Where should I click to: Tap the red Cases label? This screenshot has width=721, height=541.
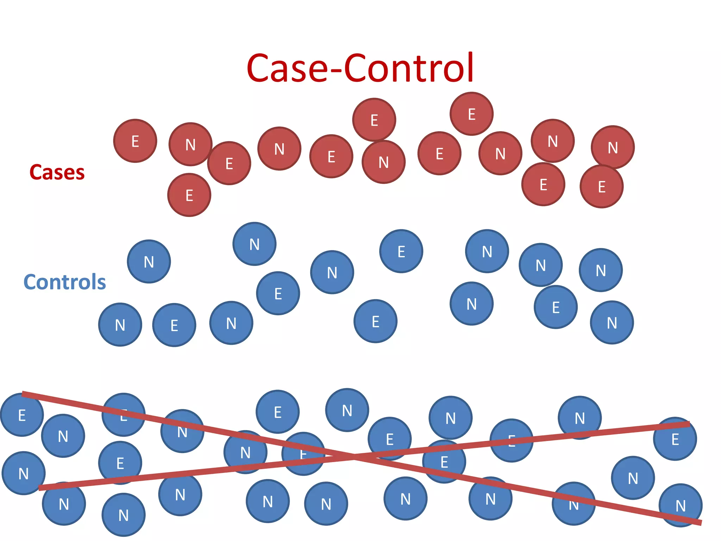57,172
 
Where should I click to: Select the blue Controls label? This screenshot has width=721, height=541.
64,282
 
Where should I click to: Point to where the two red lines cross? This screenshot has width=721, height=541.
354,457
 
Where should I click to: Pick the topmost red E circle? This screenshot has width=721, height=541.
471,114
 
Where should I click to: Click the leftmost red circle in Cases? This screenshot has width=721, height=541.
135,141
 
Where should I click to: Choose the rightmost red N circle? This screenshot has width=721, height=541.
613,147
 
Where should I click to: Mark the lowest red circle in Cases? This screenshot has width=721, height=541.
189,195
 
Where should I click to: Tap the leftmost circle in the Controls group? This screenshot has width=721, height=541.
120,325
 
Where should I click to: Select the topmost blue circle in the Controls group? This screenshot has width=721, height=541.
254,244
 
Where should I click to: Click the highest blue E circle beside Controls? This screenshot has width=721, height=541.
401,251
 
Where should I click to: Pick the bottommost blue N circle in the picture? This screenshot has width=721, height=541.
123,515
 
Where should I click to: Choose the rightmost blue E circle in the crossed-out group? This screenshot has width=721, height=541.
675,439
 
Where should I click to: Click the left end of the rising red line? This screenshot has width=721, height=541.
39,488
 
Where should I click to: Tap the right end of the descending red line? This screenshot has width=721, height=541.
701,523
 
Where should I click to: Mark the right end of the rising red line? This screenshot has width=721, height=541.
689,424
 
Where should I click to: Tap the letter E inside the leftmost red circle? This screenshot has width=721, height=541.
135,142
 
